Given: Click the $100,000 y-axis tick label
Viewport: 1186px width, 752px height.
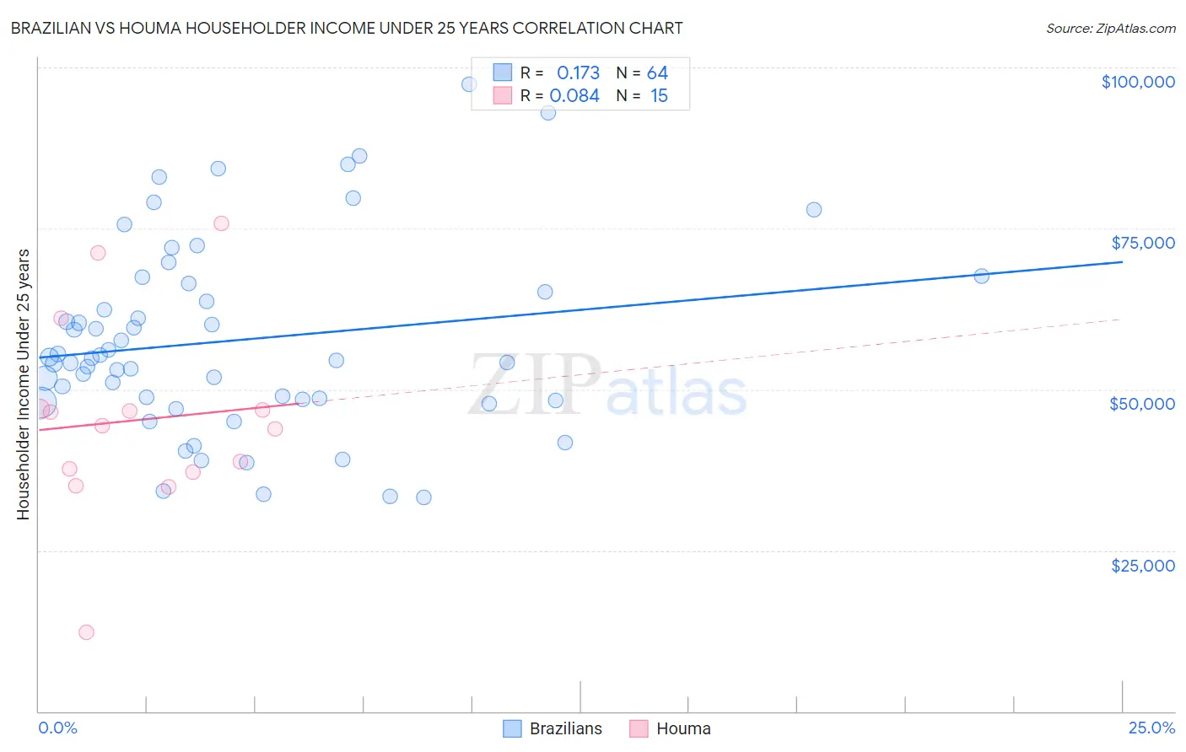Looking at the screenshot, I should pos(1138,82).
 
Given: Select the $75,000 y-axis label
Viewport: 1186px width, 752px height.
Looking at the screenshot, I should pos(1143,243).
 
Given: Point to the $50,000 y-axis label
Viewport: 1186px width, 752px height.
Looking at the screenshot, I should pos(1142,404).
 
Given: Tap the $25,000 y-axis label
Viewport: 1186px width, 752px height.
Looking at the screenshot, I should pos(1143,566).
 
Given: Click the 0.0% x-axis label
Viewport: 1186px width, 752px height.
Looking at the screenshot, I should pos(57,728).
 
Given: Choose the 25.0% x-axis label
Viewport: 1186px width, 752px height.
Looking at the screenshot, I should pos(1151,728).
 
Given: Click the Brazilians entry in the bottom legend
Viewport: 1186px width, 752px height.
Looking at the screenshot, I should pos(565,728).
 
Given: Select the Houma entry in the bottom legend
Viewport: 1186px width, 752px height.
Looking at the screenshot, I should pos(683,728).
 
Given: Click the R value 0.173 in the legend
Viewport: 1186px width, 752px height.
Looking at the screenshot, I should pos(578,73).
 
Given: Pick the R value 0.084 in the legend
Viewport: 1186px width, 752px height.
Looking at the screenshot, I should pos(574,96).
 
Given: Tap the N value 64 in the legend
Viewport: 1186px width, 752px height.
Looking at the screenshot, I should pos(657,73).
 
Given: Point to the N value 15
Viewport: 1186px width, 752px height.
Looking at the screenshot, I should pos(659,96).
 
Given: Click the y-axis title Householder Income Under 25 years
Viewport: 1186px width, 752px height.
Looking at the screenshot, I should pos(23,384).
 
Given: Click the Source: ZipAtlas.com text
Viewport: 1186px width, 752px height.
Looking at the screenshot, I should pos(1110,29).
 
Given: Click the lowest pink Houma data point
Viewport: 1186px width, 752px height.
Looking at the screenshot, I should pos(86,632).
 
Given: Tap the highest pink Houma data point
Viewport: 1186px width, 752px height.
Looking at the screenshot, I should pos(221,223).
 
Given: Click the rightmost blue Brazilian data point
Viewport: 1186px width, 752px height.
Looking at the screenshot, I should pos(981,276).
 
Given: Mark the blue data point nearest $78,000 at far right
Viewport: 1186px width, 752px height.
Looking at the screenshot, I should pos(813,210).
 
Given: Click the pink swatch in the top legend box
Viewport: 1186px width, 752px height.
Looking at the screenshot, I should pos(503,95).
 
